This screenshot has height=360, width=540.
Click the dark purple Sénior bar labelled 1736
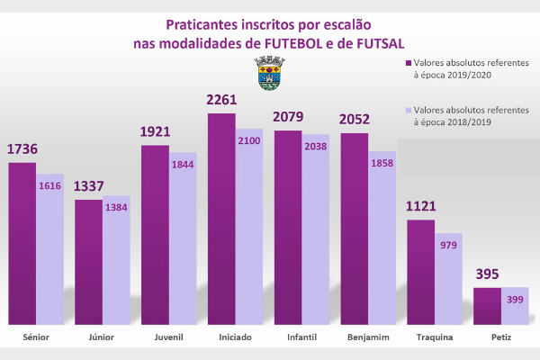click(x=22, y=243)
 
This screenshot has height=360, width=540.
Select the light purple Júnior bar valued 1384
click(x=116, y=261)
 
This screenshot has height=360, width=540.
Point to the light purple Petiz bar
click(x=514, y=306)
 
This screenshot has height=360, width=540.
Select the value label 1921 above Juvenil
click(x=155, y=132)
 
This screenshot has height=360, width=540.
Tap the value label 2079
click(x=288, y=118)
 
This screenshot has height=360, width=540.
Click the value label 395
click(x=487, y=274)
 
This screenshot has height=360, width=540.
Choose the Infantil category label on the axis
click(x=301, y=337)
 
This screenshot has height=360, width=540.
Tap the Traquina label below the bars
click(x=435, y=337)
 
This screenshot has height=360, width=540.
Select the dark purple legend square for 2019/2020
click(x=408, y=65)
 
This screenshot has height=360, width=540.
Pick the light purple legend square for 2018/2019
click(x=408, y=109)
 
